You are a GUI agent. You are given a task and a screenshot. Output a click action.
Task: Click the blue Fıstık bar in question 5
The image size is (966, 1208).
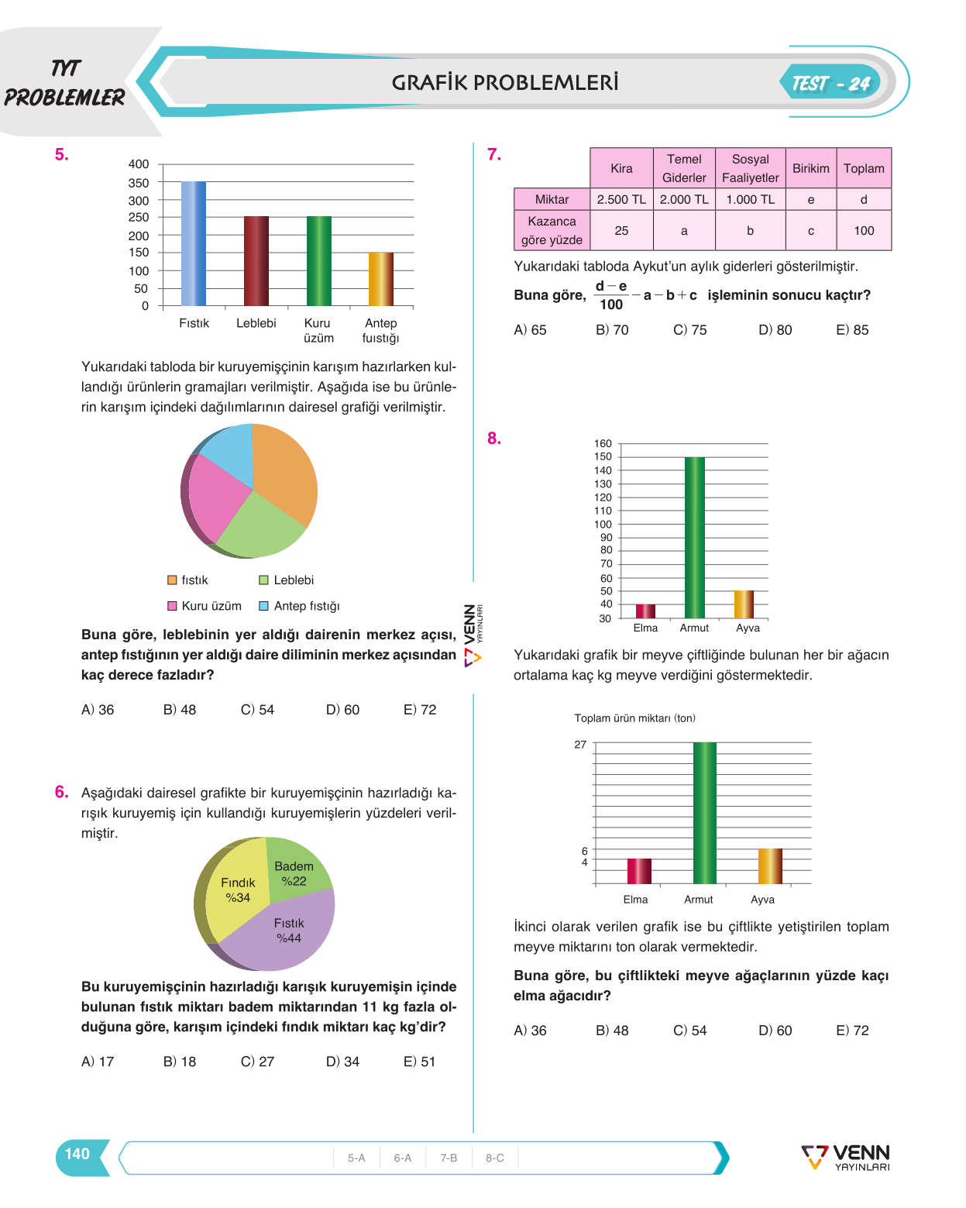(x=193, y=243)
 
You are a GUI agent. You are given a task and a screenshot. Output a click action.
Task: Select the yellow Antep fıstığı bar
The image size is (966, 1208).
(x=380, y=279)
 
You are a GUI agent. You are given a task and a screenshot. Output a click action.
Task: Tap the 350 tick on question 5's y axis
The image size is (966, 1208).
(x=139, y=182)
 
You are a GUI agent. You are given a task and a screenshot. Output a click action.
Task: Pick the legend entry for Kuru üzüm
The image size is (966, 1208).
(x=205, y=606)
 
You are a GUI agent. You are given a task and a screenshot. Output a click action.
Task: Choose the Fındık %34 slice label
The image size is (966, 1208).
(x=237, y=890)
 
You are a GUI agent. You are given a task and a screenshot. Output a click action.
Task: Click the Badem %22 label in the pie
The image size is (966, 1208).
(x=294, y=873)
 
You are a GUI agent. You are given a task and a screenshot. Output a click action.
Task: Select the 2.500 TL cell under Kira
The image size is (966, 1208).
(x=621, y=199)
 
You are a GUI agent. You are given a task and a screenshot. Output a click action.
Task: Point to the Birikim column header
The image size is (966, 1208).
(x=810, y=168)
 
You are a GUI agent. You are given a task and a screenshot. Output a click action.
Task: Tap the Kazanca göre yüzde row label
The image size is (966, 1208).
(x=552, y=230)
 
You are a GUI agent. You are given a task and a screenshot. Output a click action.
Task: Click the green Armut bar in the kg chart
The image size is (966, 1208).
(x=694, y=537)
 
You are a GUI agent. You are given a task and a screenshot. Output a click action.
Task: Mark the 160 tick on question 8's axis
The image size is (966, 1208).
(x=602, y=443)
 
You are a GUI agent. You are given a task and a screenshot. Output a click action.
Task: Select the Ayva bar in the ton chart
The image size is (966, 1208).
(x=769, y=866)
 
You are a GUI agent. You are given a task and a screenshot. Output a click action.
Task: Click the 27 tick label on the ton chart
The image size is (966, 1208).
(x=579, y=745)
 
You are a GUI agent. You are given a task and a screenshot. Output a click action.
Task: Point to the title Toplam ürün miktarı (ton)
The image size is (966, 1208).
(x=634, y=718)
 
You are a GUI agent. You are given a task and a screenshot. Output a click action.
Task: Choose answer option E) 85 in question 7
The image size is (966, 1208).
(x=851, y=330)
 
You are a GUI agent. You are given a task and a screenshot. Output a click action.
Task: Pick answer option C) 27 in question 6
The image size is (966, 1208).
(x=257, y=1062)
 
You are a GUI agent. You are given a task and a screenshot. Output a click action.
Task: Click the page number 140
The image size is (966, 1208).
(x=77, y=1154)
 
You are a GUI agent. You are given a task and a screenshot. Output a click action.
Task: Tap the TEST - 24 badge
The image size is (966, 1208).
(x=830, y=84)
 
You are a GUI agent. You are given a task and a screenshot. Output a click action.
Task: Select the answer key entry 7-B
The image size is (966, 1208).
(x=448, y=1158)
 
